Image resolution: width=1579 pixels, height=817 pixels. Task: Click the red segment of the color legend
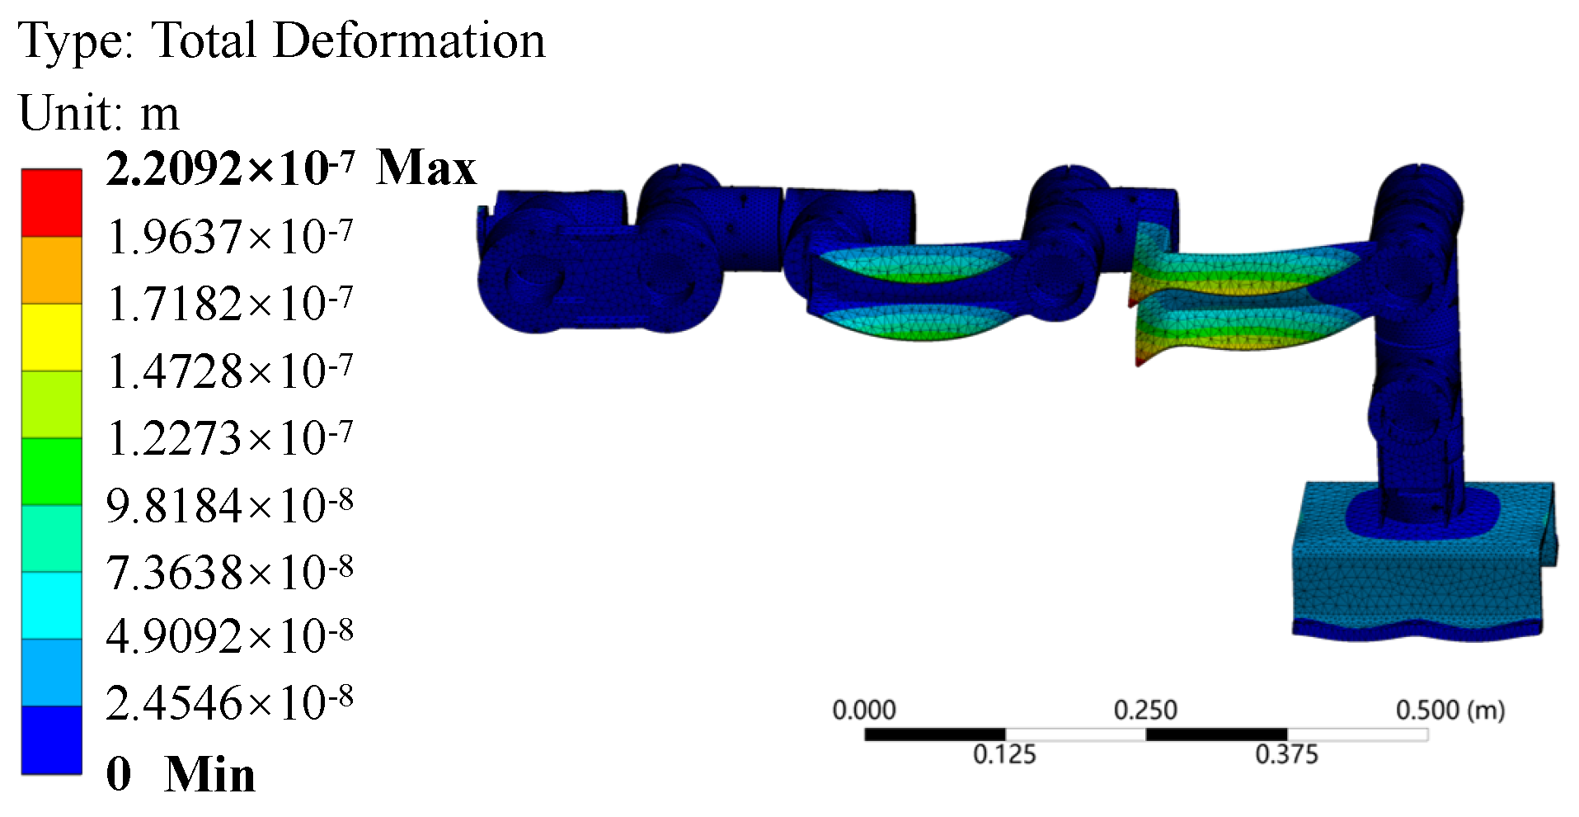(51, 203)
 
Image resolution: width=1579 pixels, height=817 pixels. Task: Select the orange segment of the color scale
(51, 271)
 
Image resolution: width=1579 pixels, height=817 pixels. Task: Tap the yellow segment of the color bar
(51, 338)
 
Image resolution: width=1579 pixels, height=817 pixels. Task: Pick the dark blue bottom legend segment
(51, 740)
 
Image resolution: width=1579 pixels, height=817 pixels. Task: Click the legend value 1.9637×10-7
(230, 237)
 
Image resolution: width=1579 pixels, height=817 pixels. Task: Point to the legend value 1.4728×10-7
(230, 371)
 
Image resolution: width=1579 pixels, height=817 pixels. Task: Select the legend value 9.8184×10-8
(230, 505)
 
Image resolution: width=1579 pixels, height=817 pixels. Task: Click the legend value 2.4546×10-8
(230, 703)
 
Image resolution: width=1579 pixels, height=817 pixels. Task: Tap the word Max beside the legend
(426, 168)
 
